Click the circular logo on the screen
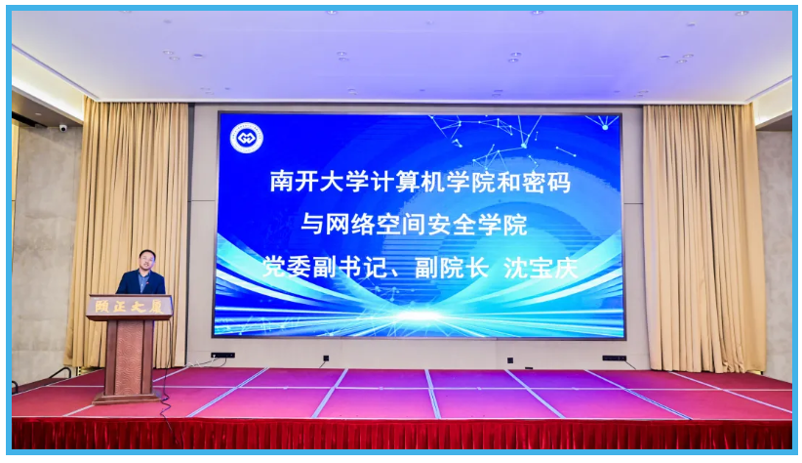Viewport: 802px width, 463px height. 246,138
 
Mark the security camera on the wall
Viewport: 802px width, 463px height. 63,128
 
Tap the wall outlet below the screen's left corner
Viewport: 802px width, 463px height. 222,356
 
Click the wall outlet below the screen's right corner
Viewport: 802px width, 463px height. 614,358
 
